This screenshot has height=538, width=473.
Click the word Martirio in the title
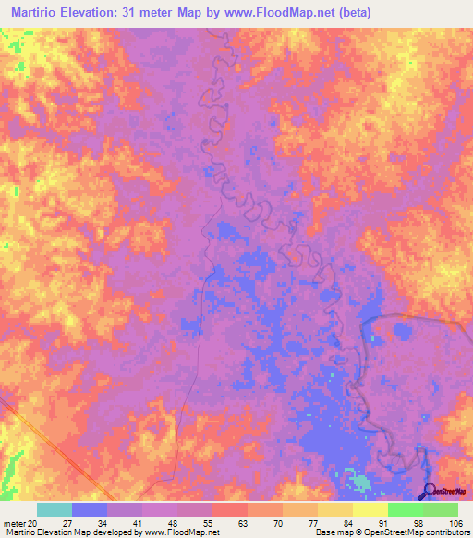pyautogui.click(x=36, y=11)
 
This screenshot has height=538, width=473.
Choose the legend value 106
pyautogui.click(x=456, y=522)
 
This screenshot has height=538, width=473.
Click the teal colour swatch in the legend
pyautogui.click(x=55, y=509)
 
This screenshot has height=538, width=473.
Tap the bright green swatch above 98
pyautogui.click(x=405, y=509)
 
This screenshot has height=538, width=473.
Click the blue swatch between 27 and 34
pyautogui.click(x=90, y=509)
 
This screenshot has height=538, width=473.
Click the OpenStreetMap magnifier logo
pyautogui.click(x=431, y=491)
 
